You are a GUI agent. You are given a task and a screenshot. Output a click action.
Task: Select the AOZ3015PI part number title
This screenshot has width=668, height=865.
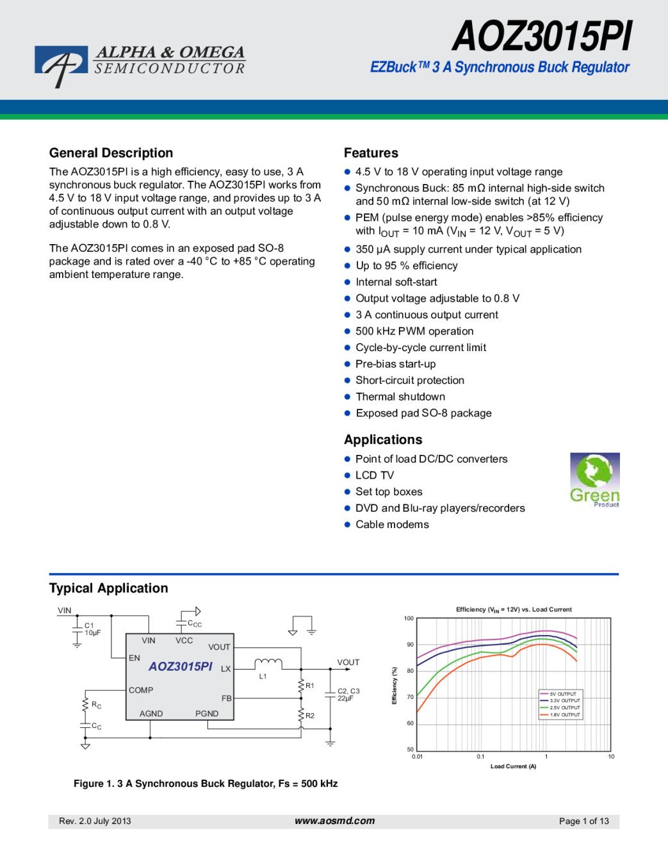pyautogui.click(x=542, y=37)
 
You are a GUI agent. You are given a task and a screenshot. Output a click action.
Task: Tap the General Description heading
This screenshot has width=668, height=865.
pyautogui.click(x=111, y=153)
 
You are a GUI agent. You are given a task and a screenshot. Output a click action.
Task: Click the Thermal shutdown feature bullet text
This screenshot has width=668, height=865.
pyautogui.click(x=400, y=397)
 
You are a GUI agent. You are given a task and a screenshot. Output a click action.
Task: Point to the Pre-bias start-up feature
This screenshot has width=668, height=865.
pyautogui.click(x=395, y=364)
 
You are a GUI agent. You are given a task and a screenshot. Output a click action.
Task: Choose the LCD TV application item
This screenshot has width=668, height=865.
pyautogui.click(x=375, y=475)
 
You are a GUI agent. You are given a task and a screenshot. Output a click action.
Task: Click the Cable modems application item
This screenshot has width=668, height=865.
pyautogui.click(x=392, y=524)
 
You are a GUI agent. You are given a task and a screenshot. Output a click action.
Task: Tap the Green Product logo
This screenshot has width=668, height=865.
pyautogui.click(x=594, y=480)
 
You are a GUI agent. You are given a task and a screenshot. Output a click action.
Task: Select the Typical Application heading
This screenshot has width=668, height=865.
pyautogui.click(x=108, y=588)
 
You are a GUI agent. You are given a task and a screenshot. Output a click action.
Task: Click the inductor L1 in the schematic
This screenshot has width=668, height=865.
pyautogui.click(x=268, y=664)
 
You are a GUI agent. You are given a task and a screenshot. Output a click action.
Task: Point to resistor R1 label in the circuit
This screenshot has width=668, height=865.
pyautogui.click(x=310, y=686)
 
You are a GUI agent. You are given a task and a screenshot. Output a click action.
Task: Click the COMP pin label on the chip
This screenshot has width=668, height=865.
pyautogui.click(x=141, y=690)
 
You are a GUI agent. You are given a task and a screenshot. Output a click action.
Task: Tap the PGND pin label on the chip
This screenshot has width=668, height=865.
pyautogui.click(x=207, y=713)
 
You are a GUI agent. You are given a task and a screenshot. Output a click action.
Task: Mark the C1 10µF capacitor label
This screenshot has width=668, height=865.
pyautogui.click(x=92, y=629)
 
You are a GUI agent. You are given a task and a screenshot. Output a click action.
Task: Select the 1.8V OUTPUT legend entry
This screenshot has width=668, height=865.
pyautogui.click(x=564, y=714)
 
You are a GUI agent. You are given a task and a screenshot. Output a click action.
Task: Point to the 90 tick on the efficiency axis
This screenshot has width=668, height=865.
pyautogui.click(x=410, y=645)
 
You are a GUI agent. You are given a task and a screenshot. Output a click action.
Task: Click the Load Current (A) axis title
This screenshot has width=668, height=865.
pyautogui.click(x=513, y=766)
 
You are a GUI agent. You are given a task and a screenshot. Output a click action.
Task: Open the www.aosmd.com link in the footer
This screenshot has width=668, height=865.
pyautogui.click(x=334, y=821)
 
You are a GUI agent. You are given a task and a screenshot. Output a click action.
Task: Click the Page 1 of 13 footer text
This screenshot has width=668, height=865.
pyautogui.click(x=583, y=821)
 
